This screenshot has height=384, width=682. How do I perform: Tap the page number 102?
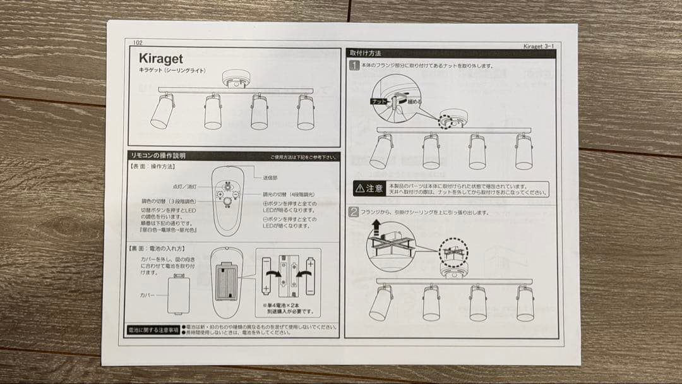tap(138, 42)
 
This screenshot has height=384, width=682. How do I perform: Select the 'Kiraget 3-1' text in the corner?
tap(540, 46)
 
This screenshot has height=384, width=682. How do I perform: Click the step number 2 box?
tap(354, 212)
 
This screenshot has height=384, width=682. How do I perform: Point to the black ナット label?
tap(380, 101)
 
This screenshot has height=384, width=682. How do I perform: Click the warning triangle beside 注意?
tap(360, 188)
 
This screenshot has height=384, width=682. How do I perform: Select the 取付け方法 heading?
tap(366, 53)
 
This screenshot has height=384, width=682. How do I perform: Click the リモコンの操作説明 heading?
tap(157, 155)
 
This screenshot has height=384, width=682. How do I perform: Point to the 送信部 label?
tap(271, 179)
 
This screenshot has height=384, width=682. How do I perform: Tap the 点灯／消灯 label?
tap(184, 188)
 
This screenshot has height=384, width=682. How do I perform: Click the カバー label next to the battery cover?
tap(147, 295)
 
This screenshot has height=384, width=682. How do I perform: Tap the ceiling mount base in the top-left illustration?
tap(236, 79)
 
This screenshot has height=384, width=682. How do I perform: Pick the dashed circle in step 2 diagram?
tap(452, 251)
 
